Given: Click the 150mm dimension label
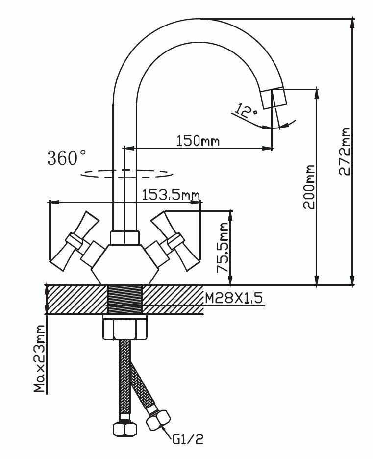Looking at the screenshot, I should (198, 141).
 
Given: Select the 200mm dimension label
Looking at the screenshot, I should (309, 187).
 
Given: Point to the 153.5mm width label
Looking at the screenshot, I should (171, 195).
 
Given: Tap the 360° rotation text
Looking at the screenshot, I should (68, 158).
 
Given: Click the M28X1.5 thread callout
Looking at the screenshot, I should (233, 298).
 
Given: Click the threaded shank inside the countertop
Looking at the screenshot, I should (124, 299).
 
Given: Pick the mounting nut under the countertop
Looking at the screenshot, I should (124, 328).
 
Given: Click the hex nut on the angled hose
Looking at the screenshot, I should (159, 420).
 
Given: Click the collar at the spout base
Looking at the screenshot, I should (124, 238).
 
